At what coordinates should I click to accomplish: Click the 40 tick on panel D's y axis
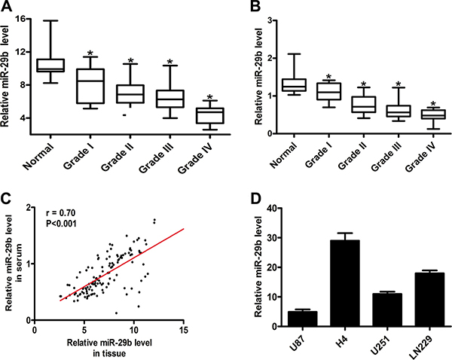tap(275, 207)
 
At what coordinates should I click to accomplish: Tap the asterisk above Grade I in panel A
tap(90, 54)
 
